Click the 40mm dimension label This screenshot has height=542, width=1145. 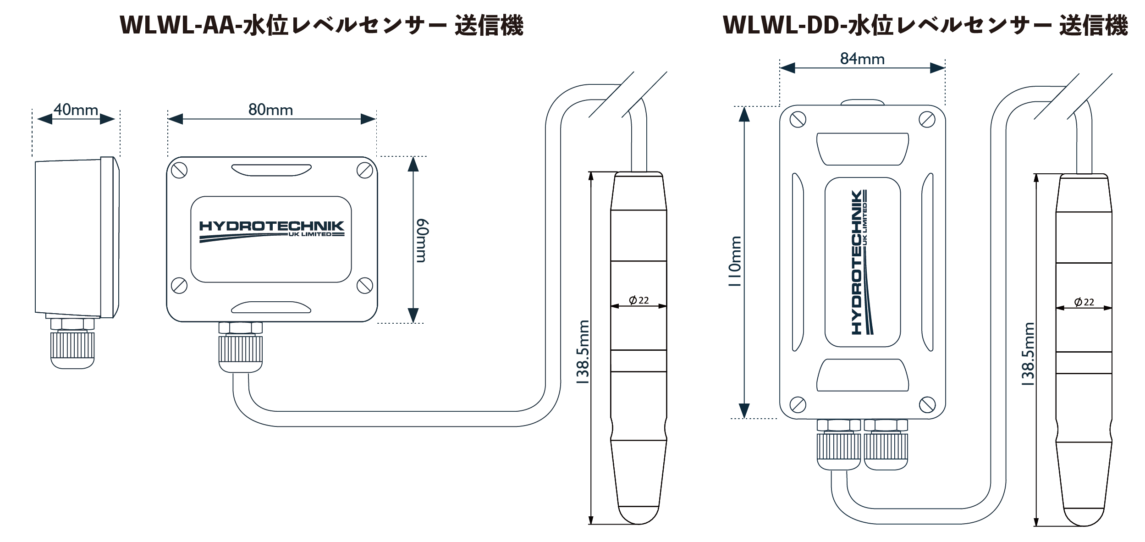click(76, 110)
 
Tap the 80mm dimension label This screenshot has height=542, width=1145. click(270, 110)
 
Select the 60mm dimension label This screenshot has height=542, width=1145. click(422, 241)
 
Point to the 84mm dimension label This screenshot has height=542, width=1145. click(862, 59)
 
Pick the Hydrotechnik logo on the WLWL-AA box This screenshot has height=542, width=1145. click(271, 231)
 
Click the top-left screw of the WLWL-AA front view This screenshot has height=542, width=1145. click(179, 171)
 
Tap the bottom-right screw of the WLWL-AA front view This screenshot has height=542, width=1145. click(365, 285)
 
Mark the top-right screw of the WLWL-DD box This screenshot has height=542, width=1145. click(927, 120)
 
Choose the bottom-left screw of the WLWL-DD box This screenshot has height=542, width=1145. click(798, 404)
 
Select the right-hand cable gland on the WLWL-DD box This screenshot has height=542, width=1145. click(886, 447)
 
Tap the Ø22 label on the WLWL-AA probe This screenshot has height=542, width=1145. click(639, 300)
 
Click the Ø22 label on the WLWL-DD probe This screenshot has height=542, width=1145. click(1084, 302)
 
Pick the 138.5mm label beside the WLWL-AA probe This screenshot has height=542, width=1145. click(583, 352)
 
